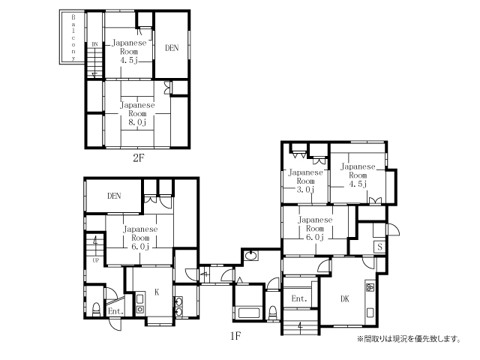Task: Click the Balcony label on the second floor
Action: click(x=73, y=37)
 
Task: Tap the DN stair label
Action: click(x=95, y=44)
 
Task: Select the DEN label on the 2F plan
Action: click(x=172, y=48)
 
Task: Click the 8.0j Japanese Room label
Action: click(x=137, y=113)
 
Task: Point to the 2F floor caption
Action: click(x=138, y=157)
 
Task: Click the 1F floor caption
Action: click(x=235, y=336)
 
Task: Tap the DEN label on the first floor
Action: click(x=114, y=196)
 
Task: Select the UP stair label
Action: click(x=96, y=260)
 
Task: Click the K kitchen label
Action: click(x=157, y=292)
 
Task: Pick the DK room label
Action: click(x=345, y=298)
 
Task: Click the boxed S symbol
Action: click(x=380, y=247)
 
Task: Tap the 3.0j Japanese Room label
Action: click(x=305, y=181)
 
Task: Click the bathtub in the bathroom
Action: click(x=249, y=313)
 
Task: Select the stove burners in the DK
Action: click(x=370, y=287)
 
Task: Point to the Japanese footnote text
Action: click(x=409, y=339)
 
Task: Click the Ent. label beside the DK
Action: click(x=299, y=298)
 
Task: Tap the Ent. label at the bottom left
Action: click(x=115, y=311)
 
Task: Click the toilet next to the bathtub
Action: click(x=272, y=313)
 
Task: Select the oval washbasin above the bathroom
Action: click(x=251, y=255)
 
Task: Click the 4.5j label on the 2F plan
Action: click(x=129, y=52)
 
